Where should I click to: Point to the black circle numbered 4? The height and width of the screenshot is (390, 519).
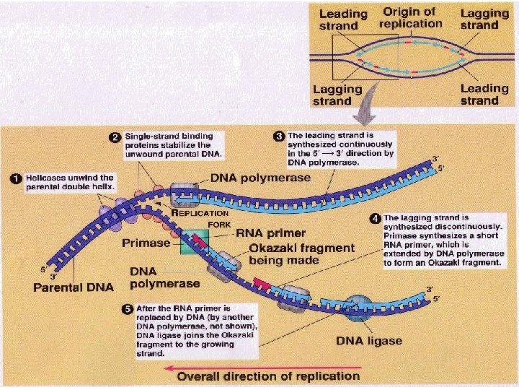pos(374,217)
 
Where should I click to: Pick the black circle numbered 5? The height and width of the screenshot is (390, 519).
pos(127,310)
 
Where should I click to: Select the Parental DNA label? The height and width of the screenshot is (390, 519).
pos(74,287)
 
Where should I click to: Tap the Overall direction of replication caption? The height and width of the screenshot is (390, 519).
pos(268,376)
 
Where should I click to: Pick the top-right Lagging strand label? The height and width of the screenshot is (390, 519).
pos(484,19)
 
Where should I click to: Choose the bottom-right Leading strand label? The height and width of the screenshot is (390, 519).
pos(484,95)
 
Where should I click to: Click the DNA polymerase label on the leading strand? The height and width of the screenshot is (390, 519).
pos(260,178)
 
